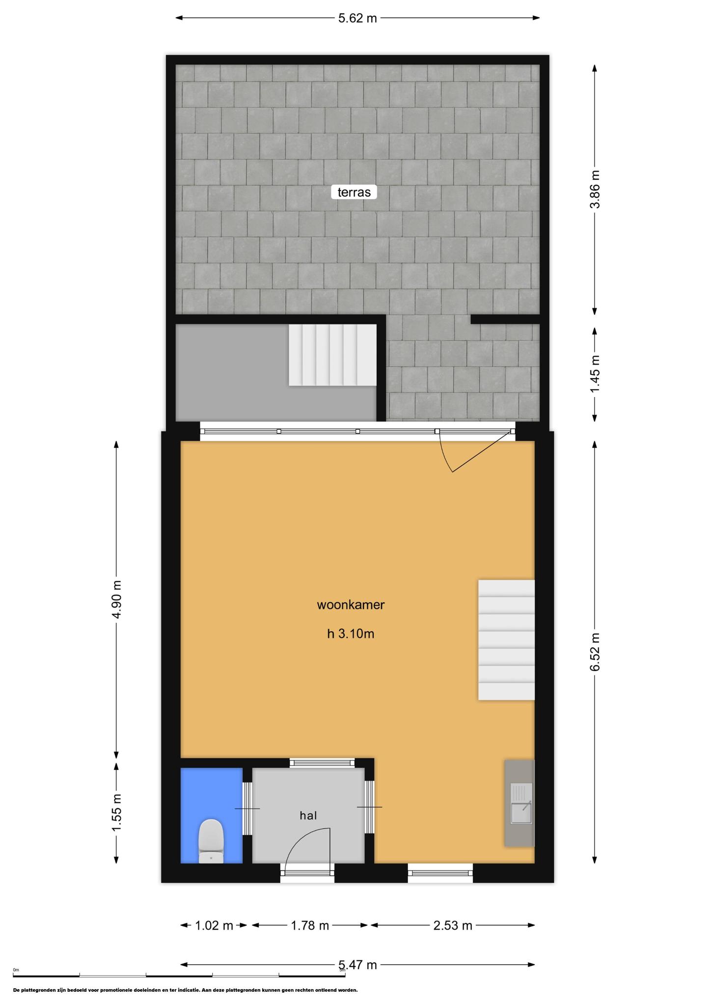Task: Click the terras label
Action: [x=354, y=192]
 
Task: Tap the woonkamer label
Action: [x=351, y=605]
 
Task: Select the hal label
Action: [x=308, y=815]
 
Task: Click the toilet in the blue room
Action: [x=211, y=840]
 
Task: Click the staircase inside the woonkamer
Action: [x=506, y=640]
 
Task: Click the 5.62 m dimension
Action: [x=357, y=18]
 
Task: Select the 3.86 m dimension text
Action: [x=595, y=189]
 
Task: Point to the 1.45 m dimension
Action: [x=595, y=374]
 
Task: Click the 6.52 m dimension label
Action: [x=595, y=651]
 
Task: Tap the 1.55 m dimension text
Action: [x=116, y=813]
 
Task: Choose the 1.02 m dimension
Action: [x=214, y=926]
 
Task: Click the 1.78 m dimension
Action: [x=310, y=926]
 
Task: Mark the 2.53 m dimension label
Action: [x=453, y=926]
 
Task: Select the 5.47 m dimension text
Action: [x=357, y=965]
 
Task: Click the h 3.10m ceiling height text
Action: [x=351, y=634]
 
